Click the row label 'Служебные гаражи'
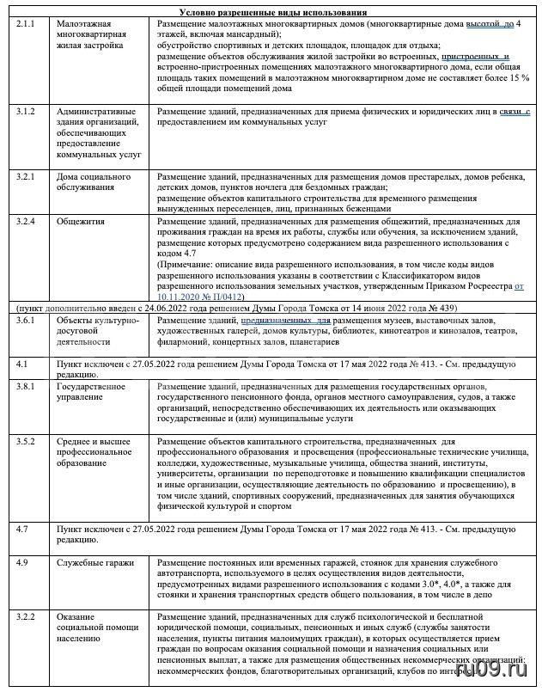(x=94, y=563)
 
